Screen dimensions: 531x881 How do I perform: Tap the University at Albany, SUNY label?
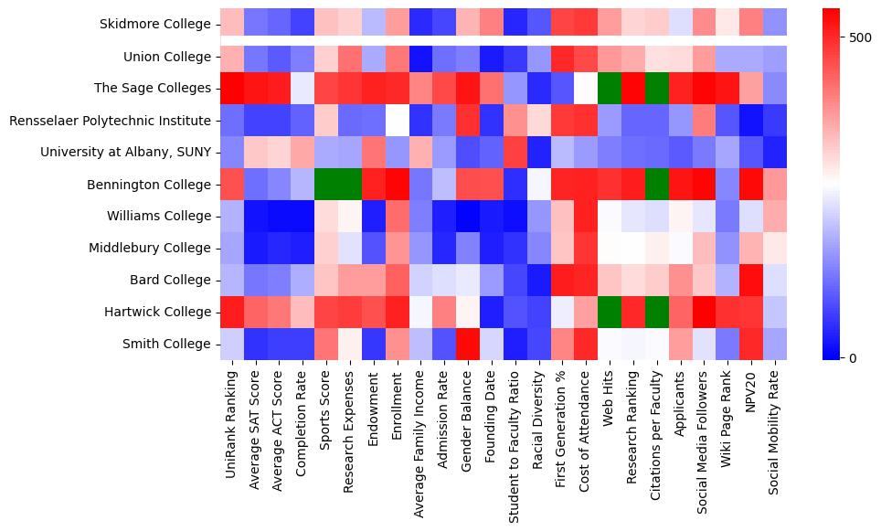click(x=125, y=153)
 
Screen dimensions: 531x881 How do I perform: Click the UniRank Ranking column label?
click(x=231, y=421)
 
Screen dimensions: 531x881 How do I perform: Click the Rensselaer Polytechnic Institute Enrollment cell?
click(x=398, y=121)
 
